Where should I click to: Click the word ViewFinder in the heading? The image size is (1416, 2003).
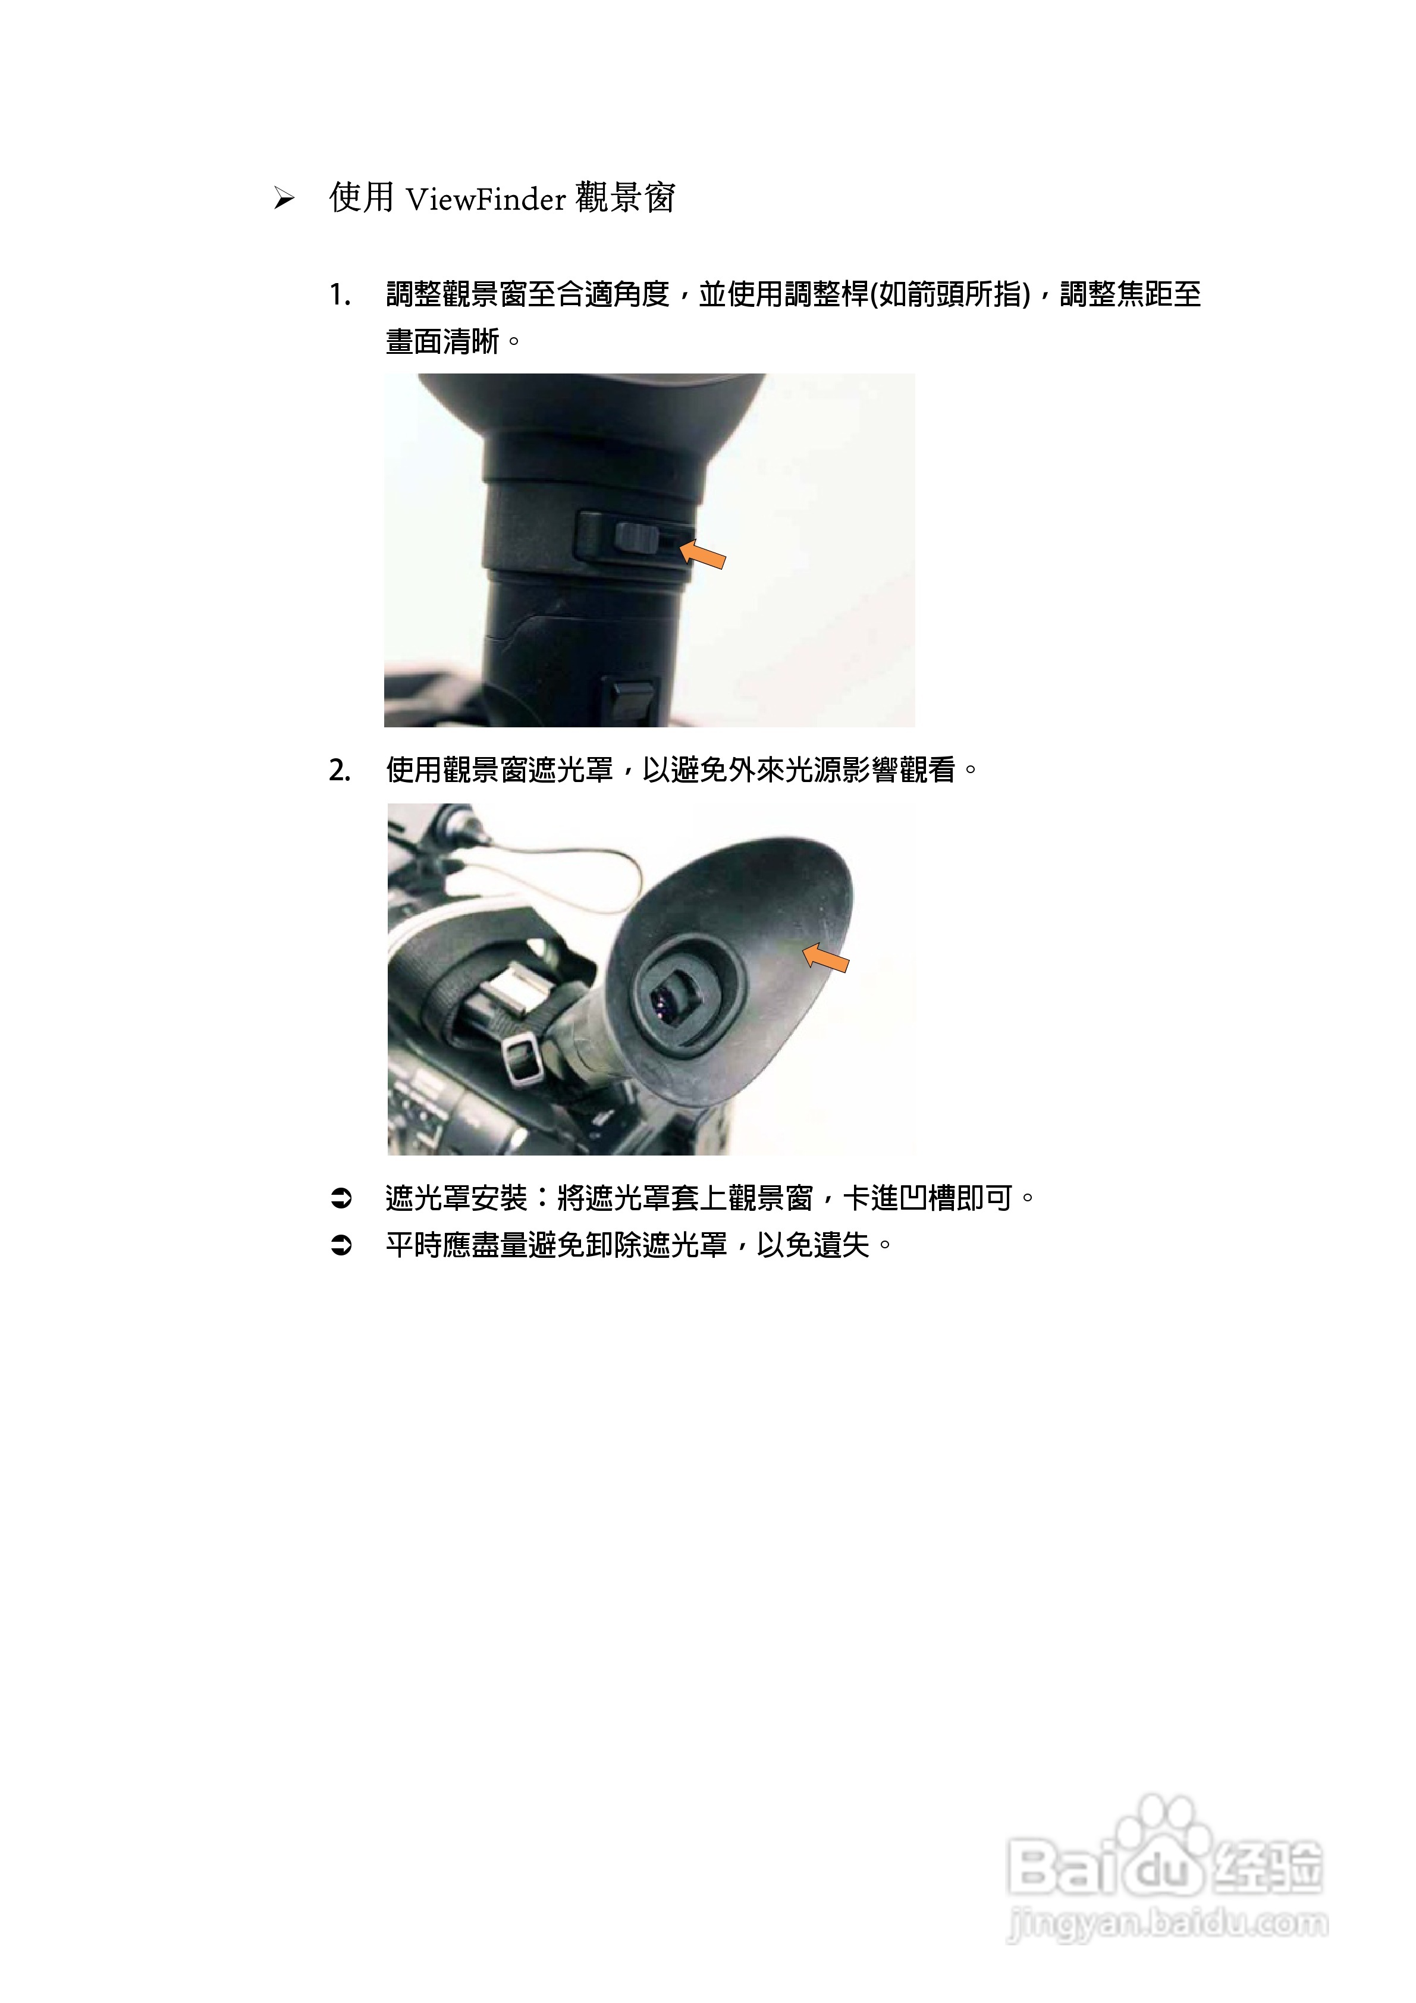(x=486, y=200)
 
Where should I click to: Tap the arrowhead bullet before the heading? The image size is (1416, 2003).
(x=284, y=199)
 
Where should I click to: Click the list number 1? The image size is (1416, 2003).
(x=340, y=295)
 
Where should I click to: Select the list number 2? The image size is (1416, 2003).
(x=340, y=770)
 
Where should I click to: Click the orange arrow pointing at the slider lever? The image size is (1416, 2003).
(x=703, y=554)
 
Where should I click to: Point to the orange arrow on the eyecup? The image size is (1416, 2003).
(x=825, y=958)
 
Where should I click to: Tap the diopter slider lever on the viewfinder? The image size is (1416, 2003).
(x=635, y=538)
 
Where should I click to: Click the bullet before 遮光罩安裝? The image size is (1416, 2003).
(x=341, y=1199)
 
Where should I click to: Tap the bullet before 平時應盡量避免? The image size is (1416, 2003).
(x=341, y=1246)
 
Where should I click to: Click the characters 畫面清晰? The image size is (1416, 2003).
(x=443, y=341)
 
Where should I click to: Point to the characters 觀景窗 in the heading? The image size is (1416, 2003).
(x=626, y=198)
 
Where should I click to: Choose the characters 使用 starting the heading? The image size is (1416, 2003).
(x=361, y=198)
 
